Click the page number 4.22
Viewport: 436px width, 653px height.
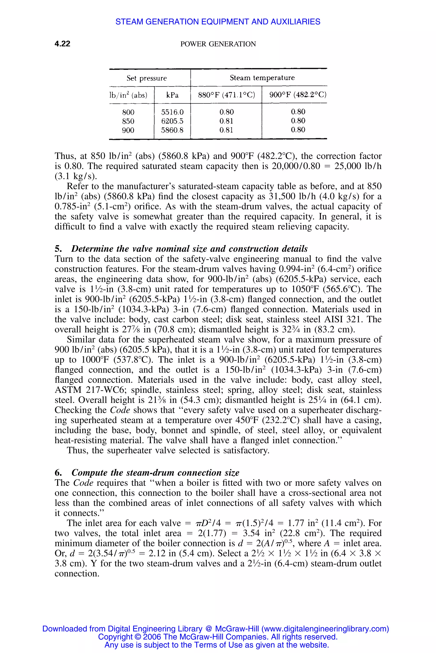62,44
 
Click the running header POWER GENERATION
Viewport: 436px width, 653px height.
218,44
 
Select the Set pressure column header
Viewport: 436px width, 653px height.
146,78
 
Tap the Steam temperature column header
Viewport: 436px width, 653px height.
262,78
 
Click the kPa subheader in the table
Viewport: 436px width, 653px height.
172,95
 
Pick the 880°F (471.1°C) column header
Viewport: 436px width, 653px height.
226,95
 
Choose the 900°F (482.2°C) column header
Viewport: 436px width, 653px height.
298,95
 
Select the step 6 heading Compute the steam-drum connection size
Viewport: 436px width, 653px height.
155,473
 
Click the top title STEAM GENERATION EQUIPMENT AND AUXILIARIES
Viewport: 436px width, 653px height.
218,22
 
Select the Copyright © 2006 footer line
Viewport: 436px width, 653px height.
218,637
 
